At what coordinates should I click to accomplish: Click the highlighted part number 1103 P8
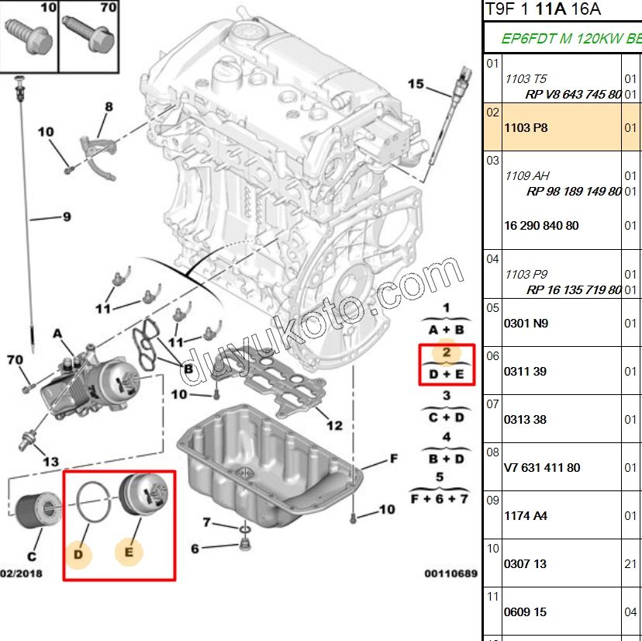(x=526, y=127)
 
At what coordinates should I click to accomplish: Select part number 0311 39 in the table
(x=526, y=371)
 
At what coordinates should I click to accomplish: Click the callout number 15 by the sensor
(x=416, y=84)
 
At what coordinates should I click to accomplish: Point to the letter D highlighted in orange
(x=78, y=554)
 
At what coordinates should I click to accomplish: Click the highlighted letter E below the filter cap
(x=129, y=553)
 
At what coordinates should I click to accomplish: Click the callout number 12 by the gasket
(x=333, y=425)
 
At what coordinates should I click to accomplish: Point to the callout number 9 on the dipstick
(x=66, y=217)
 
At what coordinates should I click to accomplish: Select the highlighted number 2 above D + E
(x=447, y=352)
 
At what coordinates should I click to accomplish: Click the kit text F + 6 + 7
(x=440, y=497)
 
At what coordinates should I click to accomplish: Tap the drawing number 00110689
(x=450, y=573)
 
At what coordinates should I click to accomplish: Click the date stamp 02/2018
(x=21, y=573)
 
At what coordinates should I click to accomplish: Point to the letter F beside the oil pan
(x=393, y=459)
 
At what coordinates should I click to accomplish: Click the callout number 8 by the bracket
(x=109, y=106)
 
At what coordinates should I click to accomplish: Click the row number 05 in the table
(x=493, y=307)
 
